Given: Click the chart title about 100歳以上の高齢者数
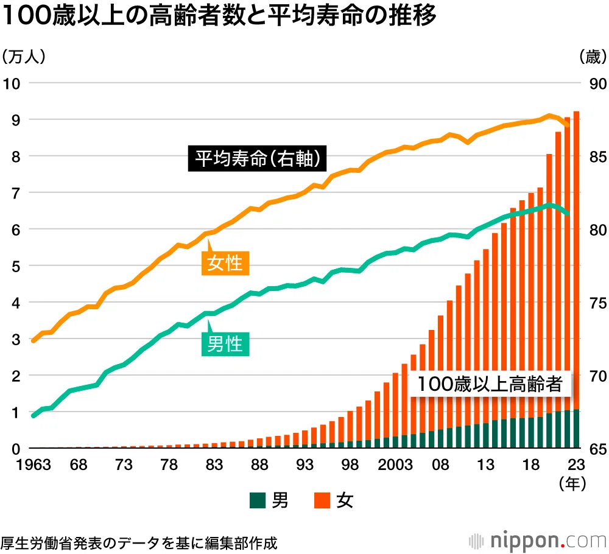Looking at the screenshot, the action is [x=219, y=16].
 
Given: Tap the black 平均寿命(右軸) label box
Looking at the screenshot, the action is [x=257, y=158].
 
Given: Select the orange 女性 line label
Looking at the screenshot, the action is [x=225, y=263].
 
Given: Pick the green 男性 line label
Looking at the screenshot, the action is [x=225, y=344].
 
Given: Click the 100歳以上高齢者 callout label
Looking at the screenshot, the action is [x=490, y=384].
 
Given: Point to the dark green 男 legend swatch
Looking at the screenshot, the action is [x=258, y=500].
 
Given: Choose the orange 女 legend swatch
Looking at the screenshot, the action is [x=322, y=500].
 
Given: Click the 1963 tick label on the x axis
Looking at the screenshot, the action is [x=33, y=465].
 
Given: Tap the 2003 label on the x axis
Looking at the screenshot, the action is [x=395, y=465].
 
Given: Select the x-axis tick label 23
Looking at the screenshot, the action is [x=576, y=465].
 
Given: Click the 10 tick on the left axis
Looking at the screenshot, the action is [x=12, y=83].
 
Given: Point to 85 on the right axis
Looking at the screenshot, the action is [x=598, y=157].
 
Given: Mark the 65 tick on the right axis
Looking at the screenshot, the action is [x=598, y=449].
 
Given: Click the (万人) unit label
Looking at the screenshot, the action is [x=24, y=57].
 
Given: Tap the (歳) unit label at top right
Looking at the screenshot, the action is [x=593, y=57].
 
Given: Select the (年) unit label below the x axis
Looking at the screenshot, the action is [x=572, y=483].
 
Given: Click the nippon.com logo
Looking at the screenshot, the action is [x=538, y=540].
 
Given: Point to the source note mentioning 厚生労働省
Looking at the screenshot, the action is [x=139, y=543].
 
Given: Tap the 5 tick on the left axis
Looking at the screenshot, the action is [x=16, y=266].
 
